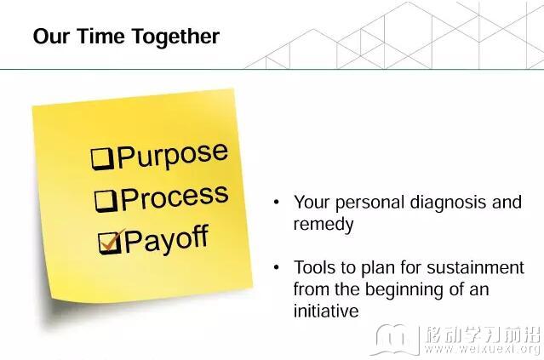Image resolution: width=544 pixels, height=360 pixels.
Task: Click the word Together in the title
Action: click(x=175, y=37)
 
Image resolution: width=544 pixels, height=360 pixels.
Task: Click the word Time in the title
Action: click(x=100, y=36)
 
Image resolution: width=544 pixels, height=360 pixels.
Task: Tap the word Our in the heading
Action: click(x=51, y=36)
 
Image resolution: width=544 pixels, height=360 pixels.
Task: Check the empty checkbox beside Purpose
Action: click(x=102, y=159)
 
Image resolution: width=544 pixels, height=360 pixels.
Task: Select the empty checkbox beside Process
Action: click(x=106, y=201)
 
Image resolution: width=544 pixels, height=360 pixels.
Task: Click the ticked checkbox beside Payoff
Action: click(x=111, y=242)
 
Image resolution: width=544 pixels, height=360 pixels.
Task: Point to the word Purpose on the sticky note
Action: click(x=173, y=155)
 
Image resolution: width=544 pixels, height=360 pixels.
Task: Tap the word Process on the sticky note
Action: click(x=175, y=197)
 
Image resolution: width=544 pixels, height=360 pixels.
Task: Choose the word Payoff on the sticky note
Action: click(x=167, y=239)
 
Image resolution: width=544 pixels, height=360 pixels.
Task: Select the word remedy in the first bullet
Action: click(x=324, y=225)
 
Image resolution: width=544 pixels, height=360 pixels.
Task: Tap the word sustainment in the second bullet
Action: click(x=475, y=268)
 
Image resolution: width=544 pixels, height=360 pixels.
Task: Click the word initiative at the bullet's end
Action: click(x=326, y=311)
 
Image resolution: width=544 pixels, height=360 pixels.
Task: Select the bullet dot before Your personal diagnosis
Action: click(x=276, y=202)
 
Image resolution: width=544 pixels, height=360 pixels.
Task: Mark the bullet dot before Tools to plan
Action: click(x=276, y=267)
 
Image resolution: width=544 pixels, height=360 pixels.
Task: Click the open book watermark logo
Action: click(x=395, y=340)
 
